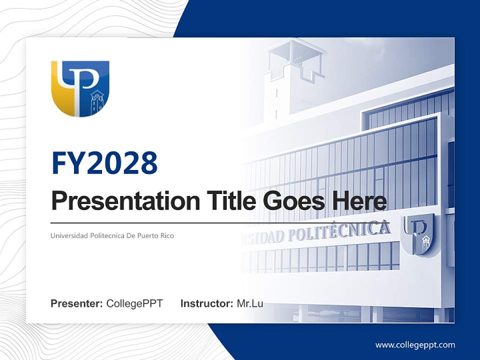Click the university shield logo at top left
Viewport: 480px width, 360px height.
80,88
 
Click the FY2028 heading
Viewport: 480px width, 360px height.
104,163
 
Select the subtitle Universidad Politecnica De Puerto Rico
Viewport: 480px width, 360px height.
112,235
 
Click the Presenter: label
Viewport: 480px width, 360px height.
77,303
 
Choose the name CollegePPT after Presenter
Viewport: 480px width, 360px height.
134,303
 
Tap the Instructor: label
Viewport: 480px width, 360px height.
206,303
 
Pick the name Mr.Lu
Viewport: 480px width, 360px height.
250,303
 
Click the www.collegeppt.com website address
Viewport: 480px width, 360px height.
415,344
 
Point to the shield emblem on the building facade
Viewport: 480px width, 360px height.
419,234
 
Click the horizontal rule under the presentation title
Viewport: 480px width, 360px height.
150,223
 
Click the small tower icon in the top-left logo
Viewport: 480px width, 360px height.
96,102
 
